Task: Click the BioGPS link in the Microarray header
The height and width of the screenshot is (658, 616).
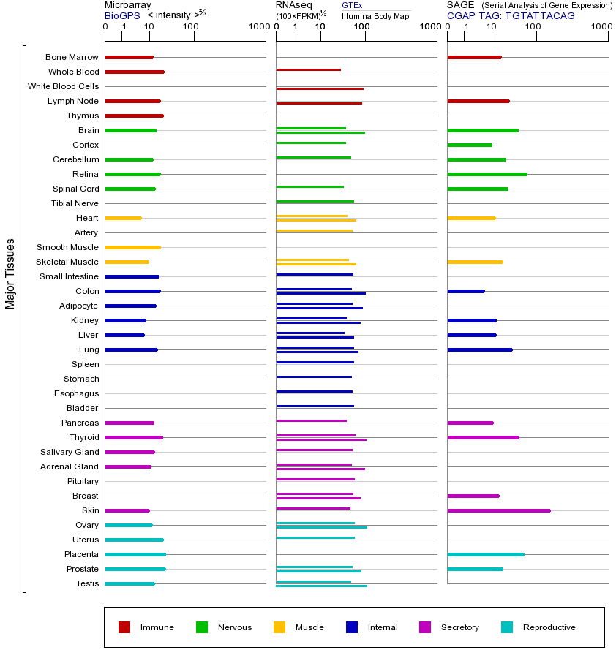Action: click(x=122, y=15)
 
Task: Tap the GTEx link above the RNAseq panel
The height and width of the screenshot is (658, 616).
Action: click(x=352, y=5)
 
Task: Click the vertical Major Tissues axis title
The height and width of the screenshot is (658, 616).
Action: click(x=10, y=273)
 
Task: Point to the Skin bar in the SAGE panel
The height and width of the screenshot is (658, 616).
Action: click(x=498, y=510)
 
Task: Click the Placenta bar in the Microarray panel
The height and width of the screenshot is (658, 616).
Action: click(x=135, y=554)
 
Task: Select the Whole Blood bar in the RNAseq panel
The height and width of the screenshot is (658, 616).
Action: click(x=308, y=70)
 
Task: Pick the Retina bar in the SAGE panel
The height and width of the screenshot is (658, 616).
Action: click(x=487, y=174)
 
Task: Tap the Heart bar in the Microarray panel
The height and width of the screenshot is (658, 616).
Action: click(x=123, y=218)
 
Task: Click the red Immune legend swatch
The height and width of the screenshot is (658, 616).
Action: click(x=124, y=627)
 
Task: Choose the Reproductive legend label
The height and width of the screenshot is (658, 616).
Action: click(x=549, y=627)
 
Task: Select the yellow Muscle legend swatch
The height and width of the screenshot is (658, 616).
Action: click(x=279, y=627)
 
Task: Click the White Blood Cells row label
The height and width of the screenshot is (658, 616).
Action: click(x=63, y=86)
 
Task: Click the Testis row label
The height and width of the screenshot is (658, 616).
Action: click(x=87, y=583)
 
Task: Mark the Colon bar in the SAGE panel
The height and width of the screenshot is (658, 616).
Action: click(x=465, y=291)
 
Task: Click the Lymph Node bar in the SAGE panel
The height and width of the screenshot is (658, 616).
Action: click(x=478, y=101)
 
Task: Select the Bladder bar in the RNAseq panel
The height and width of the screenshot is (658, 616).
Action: click(x=315, y=406)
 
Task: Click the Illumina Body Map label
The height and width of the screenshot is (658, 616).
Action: click(x=375, y=15)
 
